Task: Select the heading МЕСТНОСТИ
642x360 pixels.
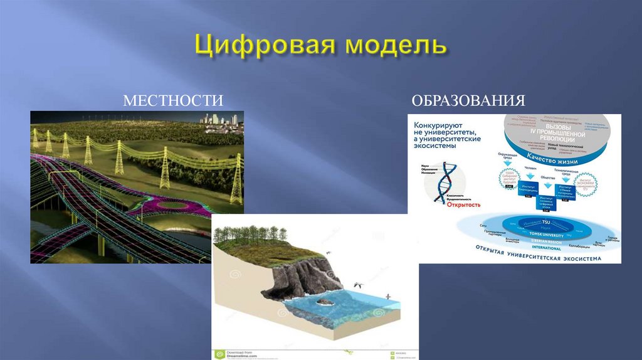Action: point(173,101)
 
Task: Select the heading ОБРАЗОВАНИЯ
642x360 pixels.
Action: point(468,101)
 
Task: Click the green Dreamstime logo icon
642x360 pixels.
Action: point(219,354)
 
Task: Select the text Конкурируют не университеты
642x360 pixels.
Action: point(447,129)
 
